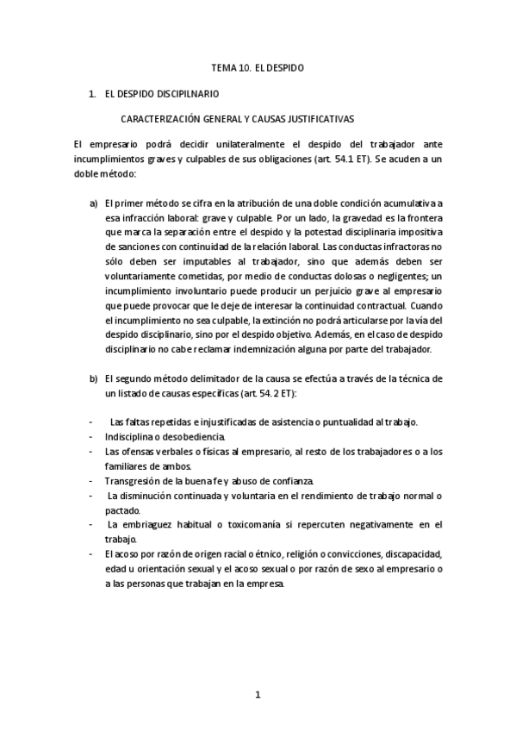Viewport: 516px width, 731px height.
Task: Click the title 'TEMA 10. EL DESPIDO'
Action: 258,66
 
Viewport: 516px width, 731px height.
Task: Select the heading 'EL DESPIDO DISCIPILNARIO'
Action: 161,92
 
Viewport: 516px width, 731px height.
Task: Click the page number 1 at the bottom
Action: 258,694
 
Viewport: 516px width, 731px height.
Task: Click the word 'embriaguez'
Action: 152,524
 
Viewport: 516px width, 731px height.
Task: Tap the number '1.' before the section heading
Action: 92,92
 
